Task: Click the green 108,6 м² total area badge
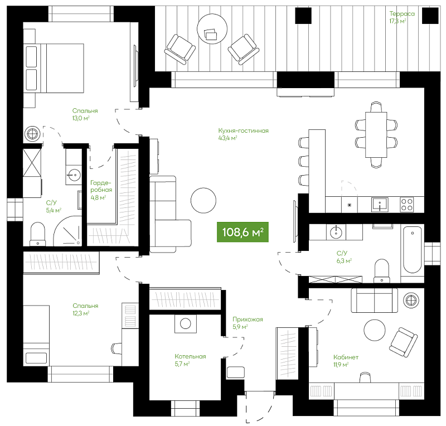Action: tap(243, 232)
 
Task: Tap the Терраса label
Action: tap(402, 13)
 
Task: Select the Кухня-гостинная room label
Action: tap(243, 130)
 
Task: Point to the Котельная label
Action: tap(190, 356)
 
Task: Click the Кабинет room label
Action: tap(346, 357)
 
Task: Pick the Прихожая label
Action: tap(248, 319)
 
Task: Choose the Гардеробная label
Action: tap(101, 186)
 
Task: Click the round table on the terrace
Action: tap(212, 29)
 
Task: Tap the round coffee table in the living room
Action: tap(203, 200)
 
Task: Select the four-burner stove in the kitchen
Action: tap(407, 204)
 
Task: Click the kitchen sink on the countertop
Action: tap(380, 205)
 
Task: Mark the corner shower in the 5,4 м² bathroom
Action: tap(67, 230)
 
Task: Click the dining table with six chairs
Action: tap(376, 134)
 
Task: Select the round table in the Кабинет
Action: tap(375, 330)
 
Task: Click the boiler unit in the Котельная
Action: tap(186, 323)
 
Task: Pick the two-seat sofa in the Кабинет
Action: tap(374, 300)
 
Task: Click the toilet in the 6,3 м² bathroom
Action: tap(381, 271)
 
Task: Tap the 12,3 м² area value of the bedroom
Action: tap(81, 313)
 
